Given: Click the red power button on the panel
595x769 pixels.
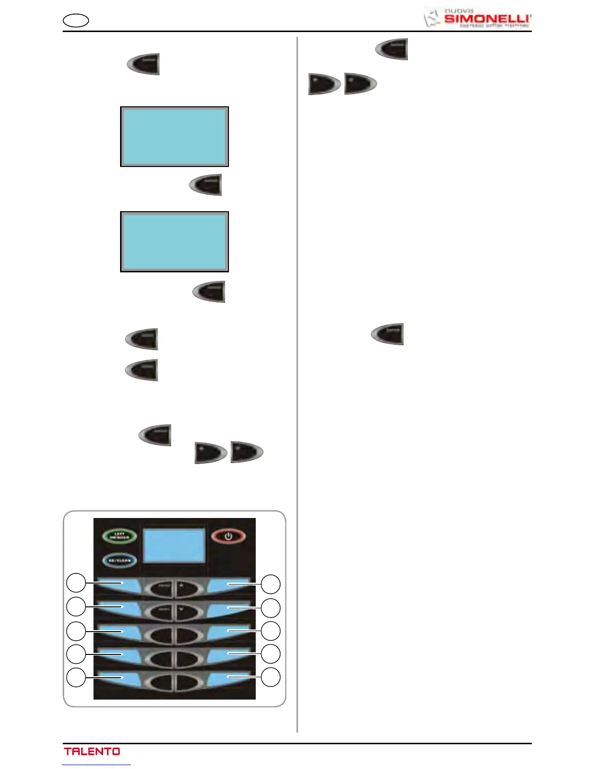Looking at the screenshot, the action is [x=228, y=536].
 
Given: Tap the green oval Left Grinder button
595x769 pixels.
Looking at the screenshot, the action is [x=120, y=536].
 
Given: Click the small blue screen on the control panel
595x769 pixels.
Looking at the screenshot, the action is [x=175, y=545].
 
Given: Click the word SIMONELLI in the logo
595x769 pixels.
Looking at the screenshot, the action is [x=487, y=19].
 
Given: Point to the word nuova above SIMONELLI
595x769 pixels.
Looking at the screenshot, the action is [x=459, y=10].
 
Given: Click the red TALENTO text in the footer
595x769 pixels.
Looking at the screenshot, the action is [x=92, y=751].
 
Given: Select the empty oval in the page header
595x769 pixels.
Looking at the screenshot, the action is [x=76, y=21].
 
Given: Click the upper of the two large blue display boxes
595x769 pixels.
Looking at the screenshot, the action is [x=175, y=137].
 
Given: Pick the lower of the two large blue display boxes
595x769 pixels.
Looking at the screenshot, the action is [x=175, y=242].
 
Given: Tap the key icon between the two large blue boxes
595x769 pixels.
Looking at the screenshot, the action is [x=206, y=185].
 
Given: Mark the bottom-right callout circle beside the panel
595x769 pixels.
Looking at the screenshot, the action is [x=271, y=677].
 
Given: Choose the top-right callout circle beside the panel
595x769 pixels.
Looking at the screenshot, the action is [x=271, y=584].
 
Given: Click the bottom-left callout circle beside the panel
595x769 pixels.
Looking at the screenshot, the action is [x=76, y=677].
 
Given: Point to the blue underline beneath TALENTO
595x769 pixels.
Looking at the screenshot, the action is [x=96, y=765].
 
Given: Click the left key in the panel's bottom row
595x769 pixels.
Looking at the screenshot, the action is [x=161, y=682].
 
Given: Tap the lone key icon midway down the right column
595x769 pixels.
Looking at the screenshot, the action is [x=387, y=334].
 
